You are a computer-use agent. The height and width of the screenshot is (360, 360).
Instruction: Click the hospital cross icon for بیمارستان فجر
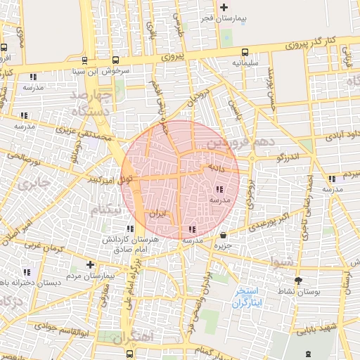(224, 8)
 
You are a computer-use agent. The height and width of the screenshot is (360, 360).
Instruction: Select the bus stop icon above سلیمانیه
(245, 51)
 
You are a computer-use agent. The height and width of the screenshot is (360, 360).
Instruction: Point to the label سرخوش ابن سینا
(94, 71)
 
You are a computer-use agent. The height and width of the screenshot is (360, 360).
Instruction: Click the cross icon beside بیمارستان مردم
(89, 264)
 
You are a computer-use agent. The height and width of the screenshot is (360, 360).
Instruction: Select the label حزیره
(223, 246)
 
